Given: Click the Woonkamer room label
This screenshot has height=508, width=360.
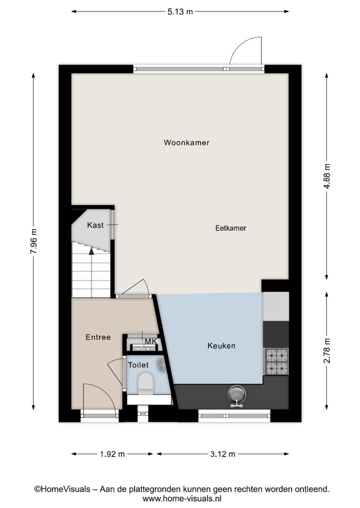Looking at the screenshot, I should pyautogui.click(x=186, y=142).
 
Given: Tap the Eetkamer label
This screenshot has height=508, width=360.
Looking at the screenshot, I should pyautogui.click(x=230, y=228).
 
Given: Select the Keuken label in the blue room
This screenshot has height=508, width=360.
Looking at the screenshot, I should pyautogui.click(x=221, y=346).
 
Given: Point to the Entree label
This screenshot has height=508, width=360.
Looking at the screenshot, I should pyautogui.click(x=98, y=337).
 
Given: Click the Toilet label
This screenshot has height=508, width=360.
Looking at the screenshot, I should pyautogui.click(x=138, y=365).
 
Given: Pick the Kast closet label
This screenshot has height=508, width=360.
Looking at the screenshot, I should pyautogui.click(x=95, y=225).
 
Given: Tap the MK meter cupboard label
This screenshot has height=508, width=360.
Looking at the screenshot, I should pyautogui.click(x=150, y=342).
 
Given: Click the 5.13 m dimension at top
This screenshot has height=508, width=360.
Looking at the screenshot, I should pyautogui.click(x=179, y=12).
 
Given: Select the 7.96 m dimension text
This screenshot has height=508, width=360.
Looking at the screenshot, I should pyautogui.click(x=33, y=241).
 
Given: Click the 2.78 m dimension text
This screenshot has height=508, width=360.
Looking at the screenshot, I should pyautogui.click(x=327, y=351).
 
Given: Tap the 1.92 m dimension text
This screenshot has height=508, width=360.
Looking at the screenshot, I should pyautogui.click(x=111, y=454).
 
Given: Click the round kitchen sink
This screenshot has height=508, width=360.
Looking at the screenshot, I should pyautogui.click(x=236, y=395).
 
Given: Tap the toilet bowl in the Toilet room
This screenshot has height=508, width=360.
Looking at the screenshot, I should pyautogui.click(x=146, y=383).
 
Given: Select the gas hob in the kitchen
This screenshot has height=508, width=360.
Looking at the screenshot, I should pyautogui.click(x=276, y=362).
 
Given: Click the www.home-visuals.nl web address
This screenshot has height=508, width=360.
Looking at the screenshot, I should pyautogui.click(x=181, y=499).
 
